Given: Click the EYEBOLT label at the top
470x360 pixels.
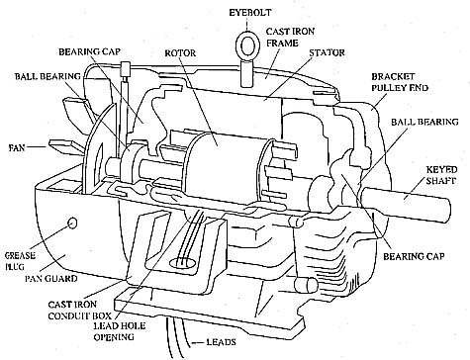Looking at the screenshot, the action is point(250,13).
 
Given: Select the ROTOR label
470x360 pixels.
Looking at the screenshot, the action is point(180,53).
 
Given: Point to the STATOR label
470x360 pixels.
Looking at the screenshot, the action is point(327,52).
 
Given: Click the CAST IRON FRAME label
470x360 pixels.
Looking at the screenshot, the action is point(290,38).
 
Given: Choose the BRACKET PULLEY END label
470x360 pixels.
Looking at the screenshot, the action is point(400,82).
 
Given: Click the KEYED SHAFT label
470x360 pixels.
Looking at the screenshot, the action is point(441,175).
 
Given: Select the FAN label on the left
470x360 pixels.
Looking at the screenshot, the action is point(17,147).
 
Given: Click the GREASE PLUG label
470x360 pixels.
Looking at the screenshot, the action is point(20,261).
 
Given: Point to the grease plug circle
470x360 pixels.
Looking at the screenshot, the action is point(72,224).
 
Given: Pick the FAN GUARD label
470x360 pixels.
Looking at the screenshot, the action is point(51,279).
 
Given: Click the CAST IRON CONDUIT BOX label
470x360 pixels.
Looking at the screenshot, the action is point(80,311).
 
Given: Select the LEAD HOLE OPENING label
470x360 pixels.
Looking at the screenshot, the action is point(119,331).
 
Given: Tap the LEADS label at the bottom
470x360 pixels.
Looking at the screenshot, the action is point(221,342).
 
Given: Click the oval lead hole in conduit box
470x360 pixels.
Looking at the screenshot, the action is point(183,263).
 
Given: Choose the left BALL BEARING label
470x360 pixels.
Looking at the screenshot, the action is point(47,76).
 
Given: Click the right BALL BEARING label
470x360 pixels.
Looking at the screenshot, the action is point(424,122).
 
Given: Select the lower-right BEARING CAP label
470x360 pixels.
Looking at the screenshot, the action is point(414,256).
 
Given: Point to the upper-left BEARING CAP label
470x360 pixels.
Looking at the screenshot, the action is point(90,51).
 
